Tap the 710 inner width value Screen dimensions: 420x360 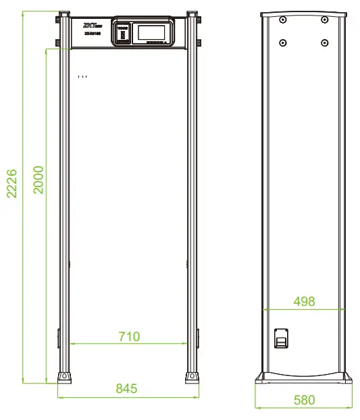point(128,336)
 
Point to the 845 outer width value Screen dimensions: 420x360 point(126,388)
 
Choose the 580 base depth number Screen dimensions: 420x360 point(304,400)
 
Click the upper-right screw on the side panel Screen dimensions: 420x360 point(325,20)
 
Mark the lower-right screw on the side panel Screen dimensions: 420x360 point(325,42)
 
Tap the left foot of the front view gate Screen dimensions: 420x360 point(64,375)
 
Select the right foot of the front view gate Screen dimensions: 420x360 point(191,375)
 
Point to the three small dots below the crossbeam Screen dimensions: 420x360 point(82,77)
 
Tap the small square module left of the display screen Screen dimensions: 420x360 point(124,32)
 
